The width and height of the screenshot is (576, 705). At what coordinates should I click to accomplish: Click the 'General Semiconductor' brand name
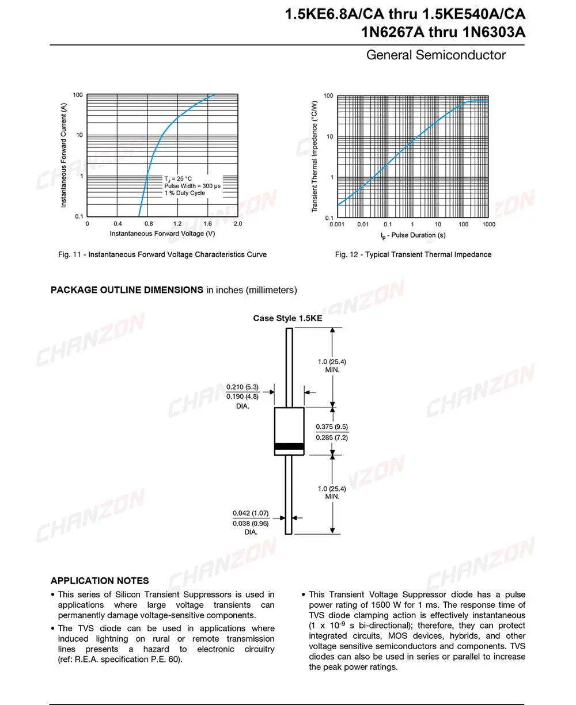[x=436, y=55]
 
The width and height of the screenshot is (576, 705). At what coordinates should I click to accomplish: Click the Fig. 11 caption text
[x=162, y=254]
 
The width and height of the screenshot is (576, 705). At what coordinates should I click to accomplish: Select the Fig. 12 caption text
[x=413, y=254]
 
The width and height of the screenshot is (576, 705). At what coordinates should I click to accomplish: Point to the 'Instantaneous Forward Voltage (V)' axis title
[x=162, y=234]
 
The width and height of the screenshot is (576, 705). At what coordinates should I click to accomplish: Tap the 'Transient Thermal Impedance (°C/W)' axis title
[x=314, y=156]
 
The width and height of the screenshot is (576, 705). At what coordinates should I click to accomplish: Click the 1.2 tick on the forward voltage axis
[x=177, y=223]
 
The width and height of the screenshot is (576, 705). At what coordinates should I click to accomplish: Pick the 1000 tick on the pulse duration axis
[x=489, y=224]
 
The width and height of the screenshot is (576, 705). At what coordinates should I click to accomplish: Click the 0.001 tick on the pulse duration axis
[x=337, y=224]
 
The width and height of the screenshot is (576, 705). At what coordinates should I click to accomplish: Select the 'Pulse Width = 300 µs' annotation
[x=192, y=186]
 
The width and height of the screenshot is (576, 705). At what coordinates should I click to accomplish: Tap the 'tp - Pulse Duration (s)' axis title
[x=412, y=235]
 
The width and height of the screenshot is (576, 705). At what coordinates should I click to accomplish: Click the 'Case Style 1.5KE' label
[x=287, y=318]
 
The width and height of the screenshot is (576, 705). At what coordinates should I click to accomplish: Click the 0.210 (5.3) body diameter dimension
[x=242, y=387]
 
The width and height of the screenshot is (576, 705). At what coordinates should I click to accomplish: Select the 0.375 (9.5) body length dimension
[x=332, y=427]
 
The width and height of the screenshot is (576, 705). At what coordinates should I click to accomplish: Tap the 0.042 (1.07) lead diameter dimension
[x=251, y=513]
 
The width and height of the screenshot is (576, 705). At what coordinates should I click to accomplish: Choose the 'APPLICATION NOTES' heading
[x=100, y=581]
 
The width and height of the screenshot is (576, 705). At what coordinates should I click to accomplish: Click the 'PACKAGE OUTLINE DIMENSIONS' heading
[x=127, y=290]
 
